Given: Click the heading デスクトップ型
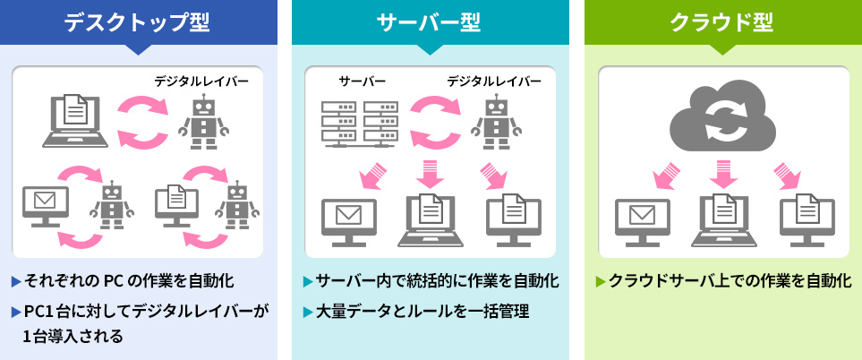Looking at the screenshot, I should tap(137, 21).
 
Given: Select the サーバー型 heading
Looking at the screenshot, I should tap(430, 21).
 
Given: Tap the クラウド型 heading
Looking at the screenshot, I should tap(722, 21).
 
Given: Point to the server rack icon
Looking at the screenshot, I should tap(359, 123).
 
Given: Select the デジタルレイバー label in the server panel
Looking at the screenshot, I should tap(494, 81).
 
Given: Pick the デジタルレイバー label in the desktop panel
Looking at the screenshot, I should tap(201, 81).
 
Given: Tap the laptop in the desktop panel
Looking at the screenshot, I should tap(75, 120).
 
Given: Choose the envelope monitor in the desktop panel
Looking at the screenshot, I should tap(45, 205).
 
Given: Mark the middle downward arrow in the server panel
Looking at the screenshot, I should tap(430, 172).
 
